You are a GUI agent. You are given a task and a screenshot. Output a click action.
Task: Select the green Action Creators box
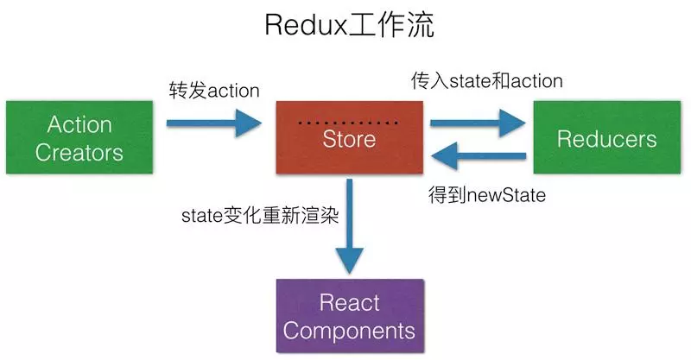click(79, 138)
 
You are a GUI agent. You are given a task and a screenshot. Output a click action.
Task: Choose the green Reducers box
click(606, 138)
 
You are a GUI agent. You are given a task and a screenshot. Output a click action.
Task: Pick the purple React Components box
click(349, 316)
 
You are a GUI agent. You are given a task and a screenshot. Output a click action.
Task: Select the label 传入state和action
click(486, 81)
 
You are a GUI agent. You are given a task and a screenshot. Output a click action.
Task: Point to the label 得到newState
click(486, 195)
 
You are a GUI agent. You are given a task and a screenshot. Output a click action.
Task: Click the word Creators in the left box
click(79, 153)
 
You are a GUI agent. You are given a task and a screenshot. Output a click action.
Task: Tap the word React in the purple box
click(349, 302)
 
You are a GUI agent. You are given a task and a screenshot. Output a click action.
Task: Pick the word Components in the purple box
click(349, 330)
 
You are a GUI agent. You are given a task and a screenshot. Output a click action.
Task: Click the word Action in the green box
click(79, 124)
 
